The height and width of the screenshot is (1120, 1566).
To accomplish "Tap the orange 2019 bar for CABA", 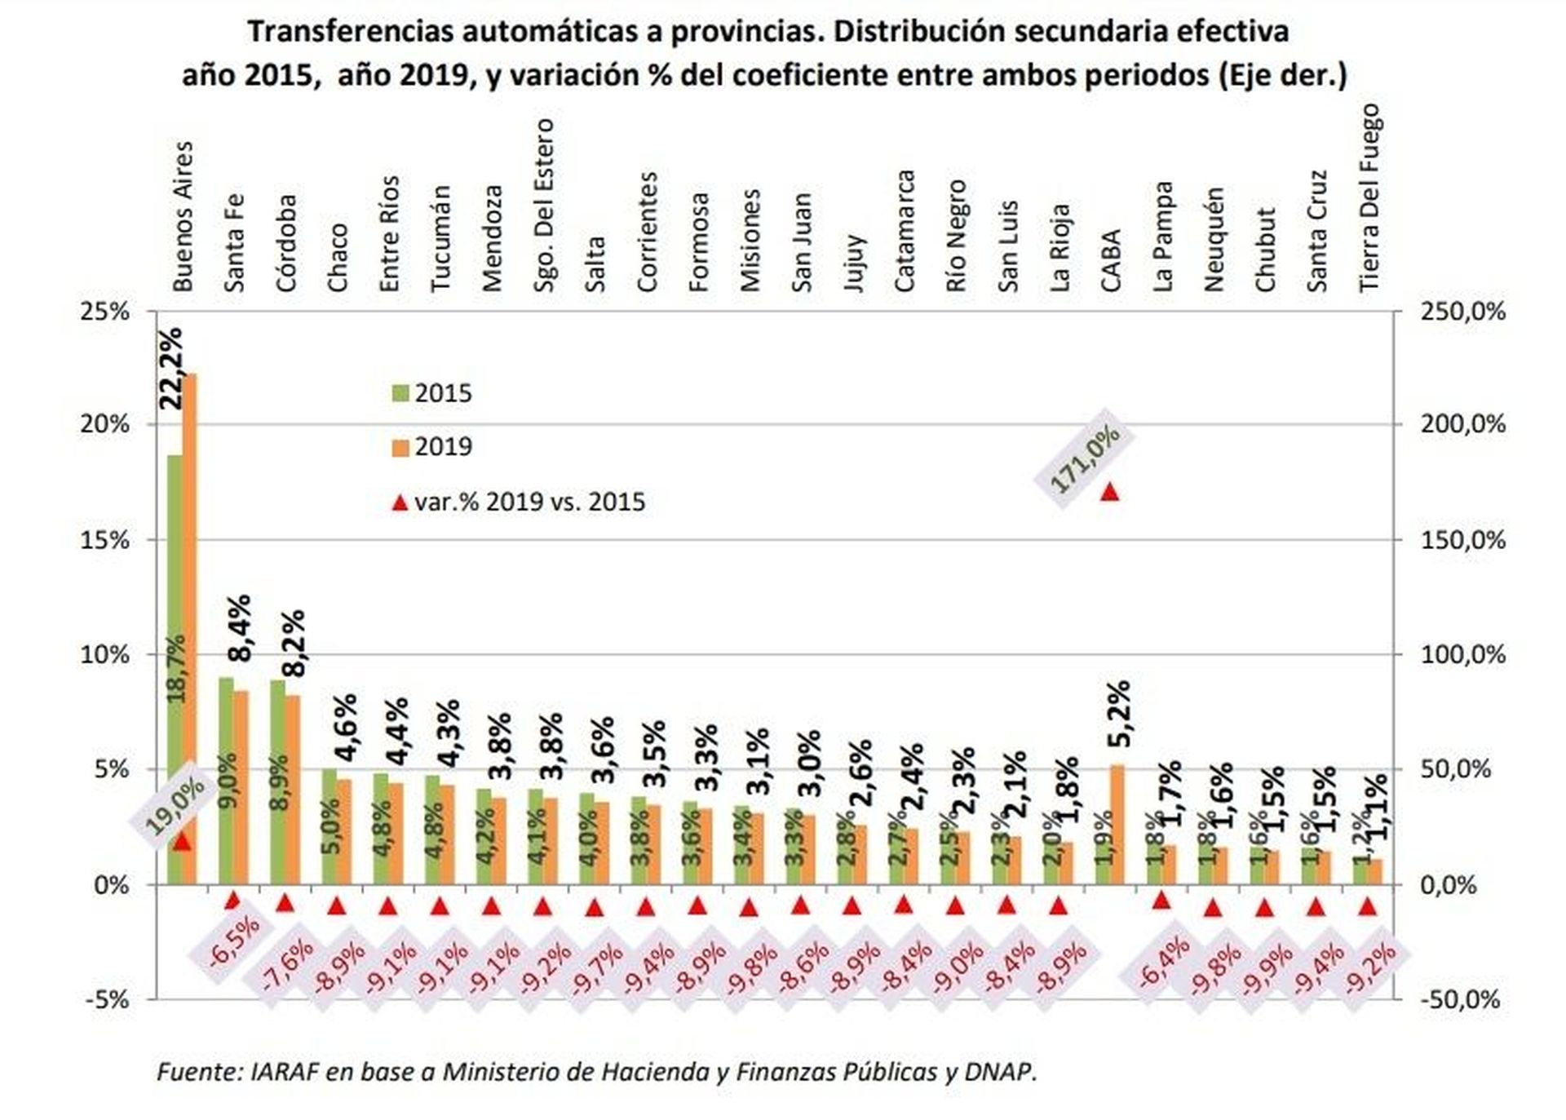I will (1117, 824).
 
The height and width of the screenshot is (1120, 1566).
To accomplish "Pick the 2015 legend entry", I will (432, 393).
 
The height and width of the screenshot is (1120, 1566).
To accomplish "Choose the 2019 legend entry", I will (432, 447).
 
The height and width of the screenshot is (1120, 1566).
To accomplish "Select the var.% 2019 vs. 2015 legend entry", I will (519, 502).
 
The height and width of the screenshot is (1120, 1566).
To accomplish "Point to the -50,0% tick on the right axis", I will (1460, 999).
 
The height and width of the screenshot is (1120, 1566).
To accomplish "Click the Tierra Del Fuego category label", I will (1370, 197).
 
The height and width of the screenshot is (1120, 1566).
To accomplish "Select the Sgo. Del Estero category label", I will (544, 205).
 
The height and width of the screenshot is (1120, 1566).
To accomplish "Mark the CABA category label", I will (1112, 261).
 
